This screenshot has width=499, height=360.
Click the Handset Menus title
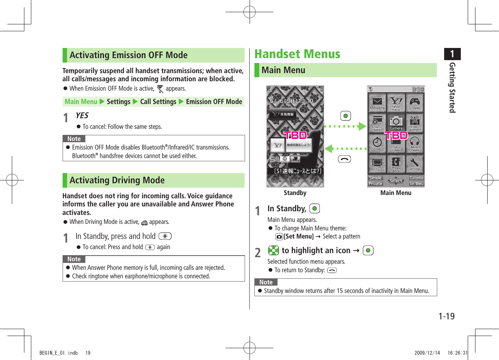click(297, 54)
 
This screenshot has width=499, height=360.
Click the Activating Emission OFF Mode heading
click(128, 55)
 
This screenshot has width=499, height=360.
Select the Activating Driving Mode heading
click(117, 180)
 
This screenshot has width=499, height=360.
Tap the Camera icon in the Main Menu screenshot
click(396, 122)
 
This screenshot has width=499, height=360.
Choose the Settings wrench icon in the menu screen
click(415, 163)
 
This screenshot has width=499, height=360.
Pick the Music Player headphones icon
click(415, 143)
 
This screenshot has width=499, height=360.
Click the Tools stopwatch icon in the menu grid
click(378, 143)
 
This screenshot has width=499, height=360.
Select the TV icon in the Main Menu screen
click(378, 163)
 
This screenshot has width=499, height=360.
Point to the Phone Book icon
click(396, 163)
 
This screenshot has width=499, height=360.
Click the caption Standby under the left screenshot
click(295, 193)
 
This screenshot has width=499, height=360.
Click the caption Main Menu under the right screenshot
click(395, 193)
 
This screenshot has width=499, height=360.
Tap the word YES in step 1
click(82, 116)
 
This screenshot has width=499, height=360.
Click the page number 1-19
click(446, 316)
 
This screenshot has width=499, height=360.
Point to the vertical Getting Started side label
click(452, 87)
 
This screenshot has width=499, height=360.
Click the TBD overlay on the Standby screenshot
click(295, 135)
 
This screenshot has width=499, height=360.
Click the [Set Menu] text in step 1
click(299, 236)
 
